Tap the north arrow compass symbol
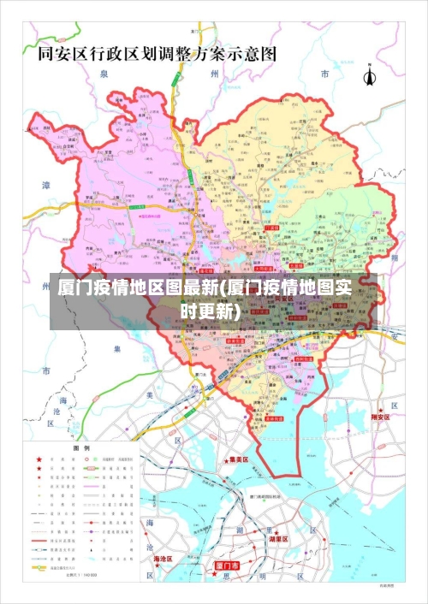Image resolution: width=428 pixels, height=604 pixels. coord(371,76)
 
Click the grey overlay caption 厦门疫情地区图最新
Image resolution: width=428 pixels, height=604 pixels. coord(205,299)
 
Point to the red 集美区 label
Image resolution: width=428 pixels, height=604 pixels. coord(238,459)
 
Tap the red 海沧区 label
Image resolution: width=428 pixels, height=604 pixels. coord(163,559)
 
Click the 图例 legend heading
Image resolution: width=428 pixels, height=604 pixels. coord(81,448)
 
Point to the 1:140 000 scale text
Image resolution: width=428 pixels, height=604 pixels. coord(82,574)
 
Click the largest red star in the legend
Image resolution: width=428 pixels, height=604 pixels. coord(39,459)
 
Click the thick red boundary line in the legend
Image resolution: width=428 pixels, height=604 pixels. coord(39,542)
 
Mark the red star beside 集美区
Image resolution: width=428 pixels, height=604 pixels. coord(224,459)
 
